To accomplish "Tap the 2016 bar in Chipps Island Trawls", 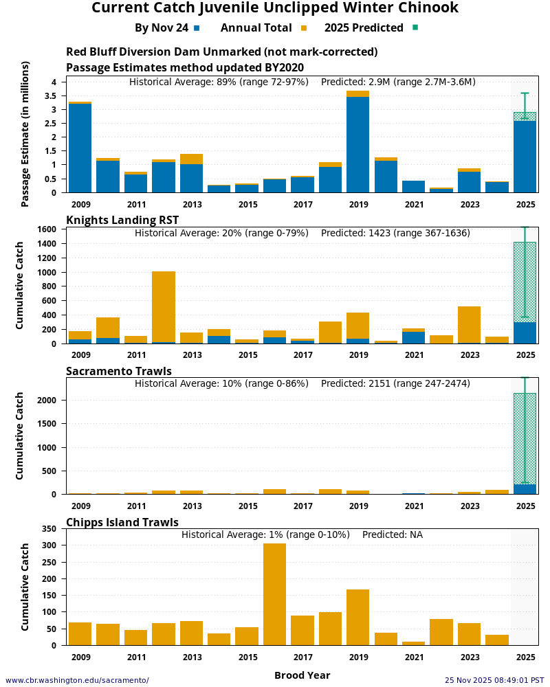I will point(274,594).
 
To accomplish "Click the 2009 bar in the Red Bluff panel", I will point(80,148).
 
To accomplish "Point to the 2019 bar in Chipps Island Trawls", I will point(357,617).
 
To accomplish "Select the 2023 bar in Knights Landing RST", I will point(469,325).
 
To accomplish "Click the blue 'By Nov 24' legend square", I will point(197,28).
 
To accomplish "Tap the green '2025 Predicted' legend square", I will point(415,27).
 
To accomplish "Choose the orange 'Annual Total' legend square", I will point(303,28).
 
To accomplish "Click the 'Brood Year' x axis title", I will point(302,675).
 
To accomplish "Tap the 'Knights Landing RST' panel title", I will point(122,220).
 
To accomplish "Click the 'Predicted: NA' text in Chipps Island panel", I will point(392,534).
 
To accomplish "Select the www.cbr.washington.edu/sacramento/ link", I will point(77,680).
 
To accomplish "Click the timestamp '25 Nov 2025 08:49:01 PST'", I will point(494,680).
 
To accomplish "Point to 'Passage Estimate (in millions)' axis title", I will point(25,134).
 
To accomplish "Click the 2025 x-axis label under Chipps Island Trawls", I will point(525,657).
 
